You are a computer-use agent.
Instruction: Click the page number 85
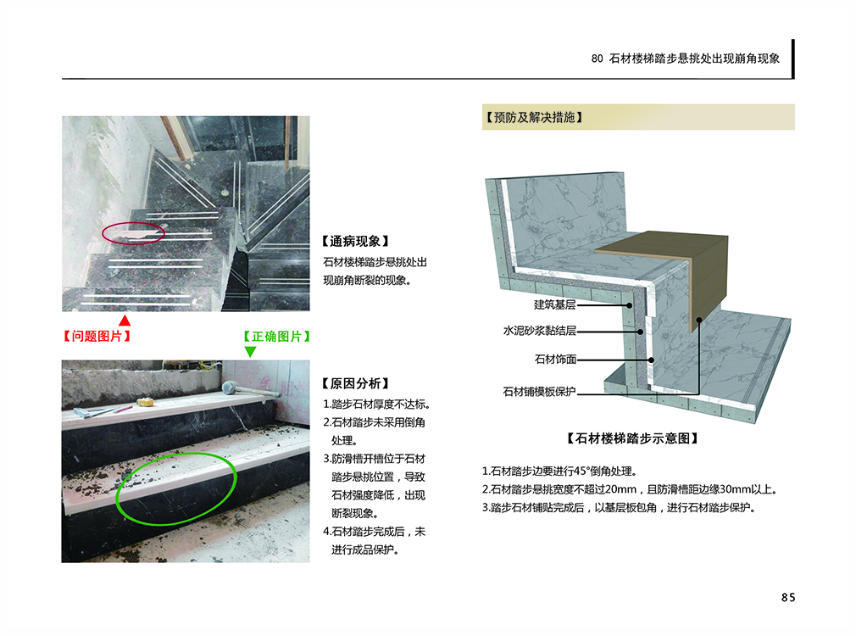787,597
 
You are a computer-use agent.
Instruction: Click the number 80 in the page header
597,59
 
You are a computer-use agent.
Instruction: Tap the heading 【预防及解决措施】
533,118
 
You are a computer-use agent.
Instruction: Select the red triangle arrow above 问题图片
125,321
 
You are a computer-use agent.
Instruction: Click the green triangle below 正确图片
250,351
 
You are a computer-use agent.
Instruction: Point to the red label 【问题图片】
97,336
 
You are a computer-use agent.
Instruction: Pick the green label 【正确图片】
277,336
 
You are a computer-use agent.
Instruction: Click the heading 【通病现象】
355,241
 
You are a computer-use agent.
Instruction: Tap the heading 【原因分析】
355,383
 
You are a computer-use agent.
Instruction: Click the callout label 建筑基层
554,304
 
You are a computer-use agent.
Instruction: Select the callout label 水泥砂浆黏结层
539,331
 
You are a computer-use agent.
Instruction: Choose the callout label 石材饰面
555,359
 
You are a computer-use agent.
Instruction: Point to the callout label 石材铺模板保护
539,391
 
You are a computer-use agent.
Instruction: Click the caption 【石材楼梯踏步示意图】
632,438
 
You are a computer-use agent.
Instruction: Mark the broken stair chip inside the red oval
134,235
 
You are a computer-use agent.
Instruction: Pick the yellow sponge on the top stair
145,402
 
